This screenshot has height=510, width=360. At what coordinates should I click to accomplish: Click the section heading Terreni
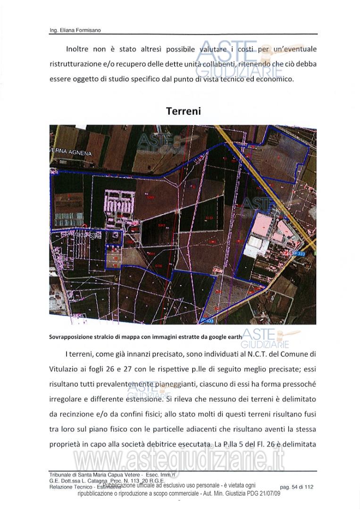tap(183, 111)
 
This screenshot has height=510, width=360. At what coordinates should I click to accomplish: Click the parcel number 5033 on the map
tap(209, 218)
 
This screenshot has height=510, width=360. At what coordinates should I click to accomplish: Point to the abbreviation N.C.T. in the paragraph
tap(240, 354)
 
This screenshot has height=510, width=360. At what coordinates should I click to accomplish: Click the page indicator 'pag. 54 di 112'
tap(296, 486)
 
